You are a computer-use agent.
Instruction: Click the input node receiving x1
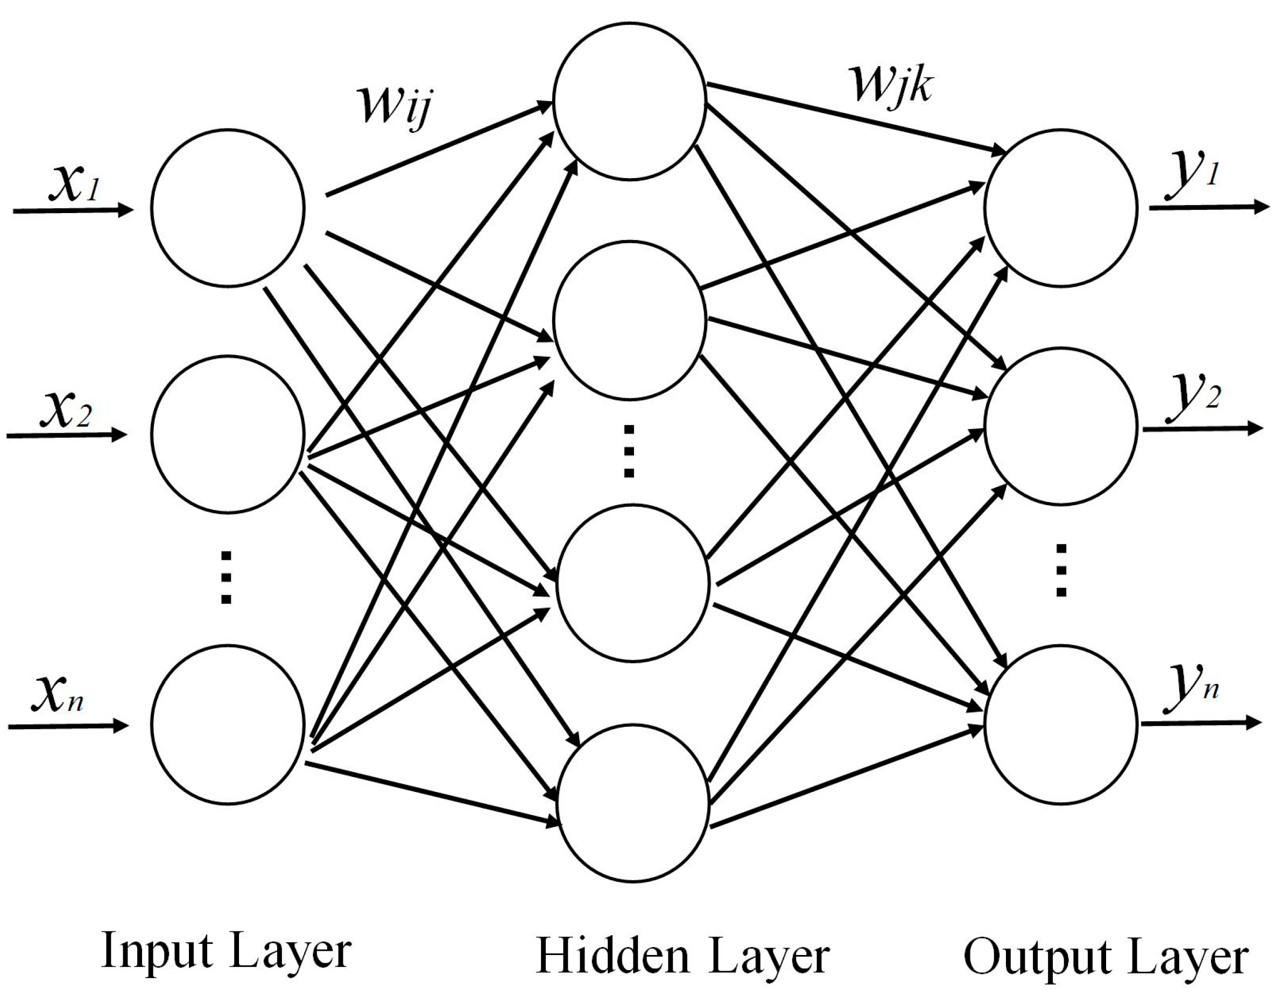[228, 208]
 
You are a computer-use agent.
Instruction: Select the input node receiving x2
[228, 434]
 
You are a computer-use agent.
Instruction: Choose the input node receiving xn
[228, 724]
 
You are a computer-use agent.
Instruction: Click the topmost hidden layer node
[629, 101]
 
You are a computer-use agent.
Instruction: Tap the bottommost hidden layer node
[634, 803]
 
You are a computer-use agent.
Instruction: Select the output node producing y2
[1061, 426]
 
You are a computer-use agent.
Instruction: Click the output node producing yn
[1061, 724]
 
